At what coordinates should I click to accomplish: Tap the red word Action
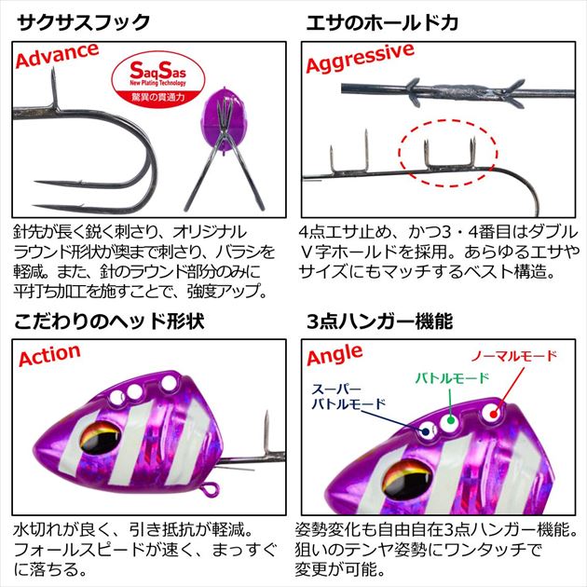click(49, 357)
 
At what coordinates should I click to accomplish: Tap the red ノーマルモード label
click(513, 357)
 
